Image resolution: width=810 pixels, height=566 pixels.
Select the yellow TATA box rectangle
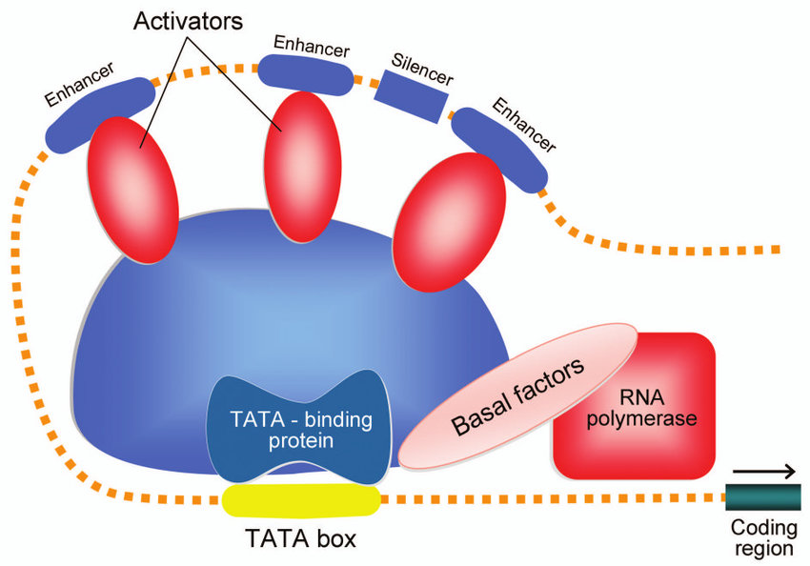pos(300,499)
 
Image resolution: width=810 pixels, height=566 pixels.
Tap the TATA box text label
pos(300,539)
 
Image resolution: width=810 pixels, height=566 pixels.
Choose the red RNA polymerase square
pos(634,406)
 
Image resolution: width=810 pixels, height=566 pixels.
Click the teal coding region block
pos(763,496)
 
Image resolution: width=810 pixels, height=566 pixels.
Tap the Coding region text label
pos(762,539)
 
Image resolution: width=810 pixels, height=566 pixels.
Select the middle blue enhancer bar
pos(304,74)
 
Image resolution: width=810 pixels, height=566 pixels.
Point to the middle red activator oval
pos(294,163)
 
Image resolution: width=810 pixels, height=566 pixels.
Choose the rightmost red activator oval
pos(448,223)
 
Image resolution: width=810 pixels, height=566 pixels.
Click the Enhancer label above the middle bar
pos(311,44)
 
